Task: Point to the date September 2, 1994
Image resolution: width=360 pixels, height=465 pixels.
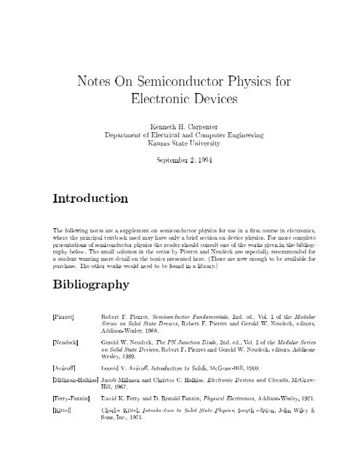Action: pos(180,161)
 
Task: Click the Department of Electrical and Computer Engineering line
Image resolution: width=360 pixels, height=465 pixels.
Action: pos(180,135)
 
